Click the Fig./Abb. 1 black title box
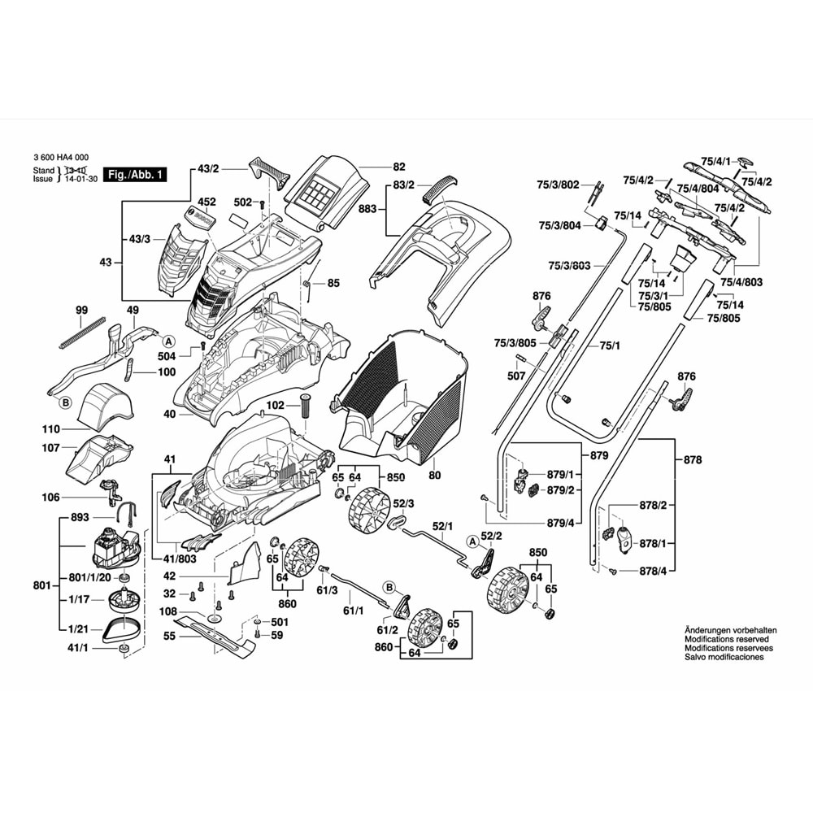[137, 175]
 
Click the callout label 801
[43, 585]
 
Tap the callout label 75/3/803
[569, 266]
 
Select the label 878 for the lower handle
[692, 460]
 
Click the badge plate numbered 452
[200, 217]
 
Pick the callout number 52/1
[442, 526]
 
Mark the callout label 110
[51, 428]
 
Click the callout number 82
[398, 165]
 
